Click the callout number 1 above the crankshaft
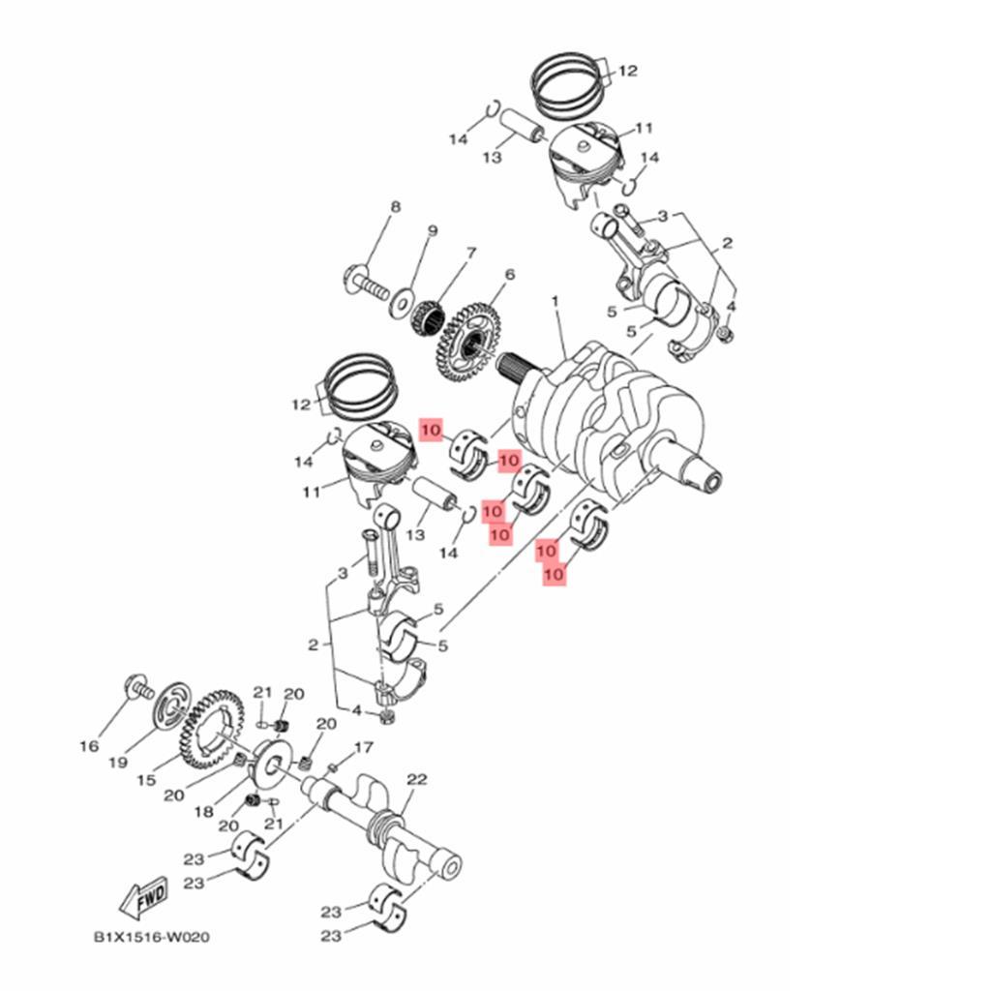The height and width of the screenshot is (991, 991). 556,302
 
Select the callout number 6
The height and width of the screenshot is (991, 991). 509,276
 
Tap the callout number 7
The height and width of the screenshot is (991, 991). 471,254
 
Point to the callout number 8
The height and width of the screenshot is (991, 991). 395,208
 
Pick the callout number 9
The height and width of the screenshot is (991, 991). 433,231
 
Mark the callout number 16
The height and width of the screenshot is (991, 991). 88,746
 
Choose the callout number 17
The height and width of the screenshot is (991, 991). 363,748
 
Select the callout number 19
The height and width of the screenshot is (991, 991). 118,763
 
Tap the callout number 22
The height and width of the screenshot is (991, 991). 417,780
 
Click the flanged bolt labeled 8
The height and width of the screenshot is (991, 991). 365,283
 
